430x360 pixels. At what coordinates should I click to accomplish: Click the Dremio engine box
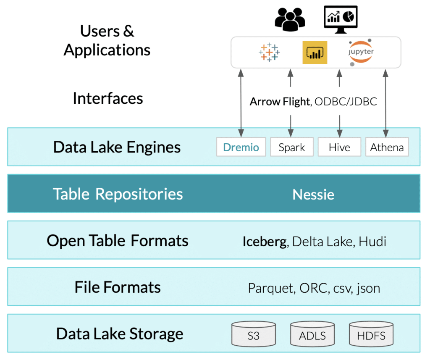241,147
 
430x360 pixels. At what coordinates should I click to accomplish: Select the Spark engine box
291,147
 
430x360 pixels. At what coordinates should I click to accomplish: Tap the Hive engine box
339,147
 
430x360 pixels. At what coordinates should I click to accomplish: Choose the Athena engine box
387,147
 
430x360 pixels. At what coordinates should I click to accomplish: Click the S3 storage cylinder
254,334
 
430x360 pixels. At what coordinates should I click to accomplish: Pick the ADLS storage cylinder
312,334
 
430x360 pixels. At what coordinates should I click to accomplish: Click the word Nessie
313,194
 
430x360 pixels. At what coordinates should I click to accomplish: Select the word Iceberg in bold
265,242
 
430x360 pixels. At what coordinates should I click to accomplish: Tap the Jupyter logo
361,53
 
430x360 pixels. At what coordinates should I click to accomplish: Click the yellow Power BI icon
315,53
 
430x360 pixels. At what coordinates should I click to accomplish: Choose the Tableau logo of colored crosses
269,53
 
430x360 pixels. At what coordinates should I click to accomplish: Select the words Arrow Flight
279,102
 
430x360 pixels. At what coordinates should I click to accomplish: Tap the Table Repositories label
118,194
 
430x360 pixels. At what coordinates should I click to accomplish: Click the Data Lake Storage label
120,334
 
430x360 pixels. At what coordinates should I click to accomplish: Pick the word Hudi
372,242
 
